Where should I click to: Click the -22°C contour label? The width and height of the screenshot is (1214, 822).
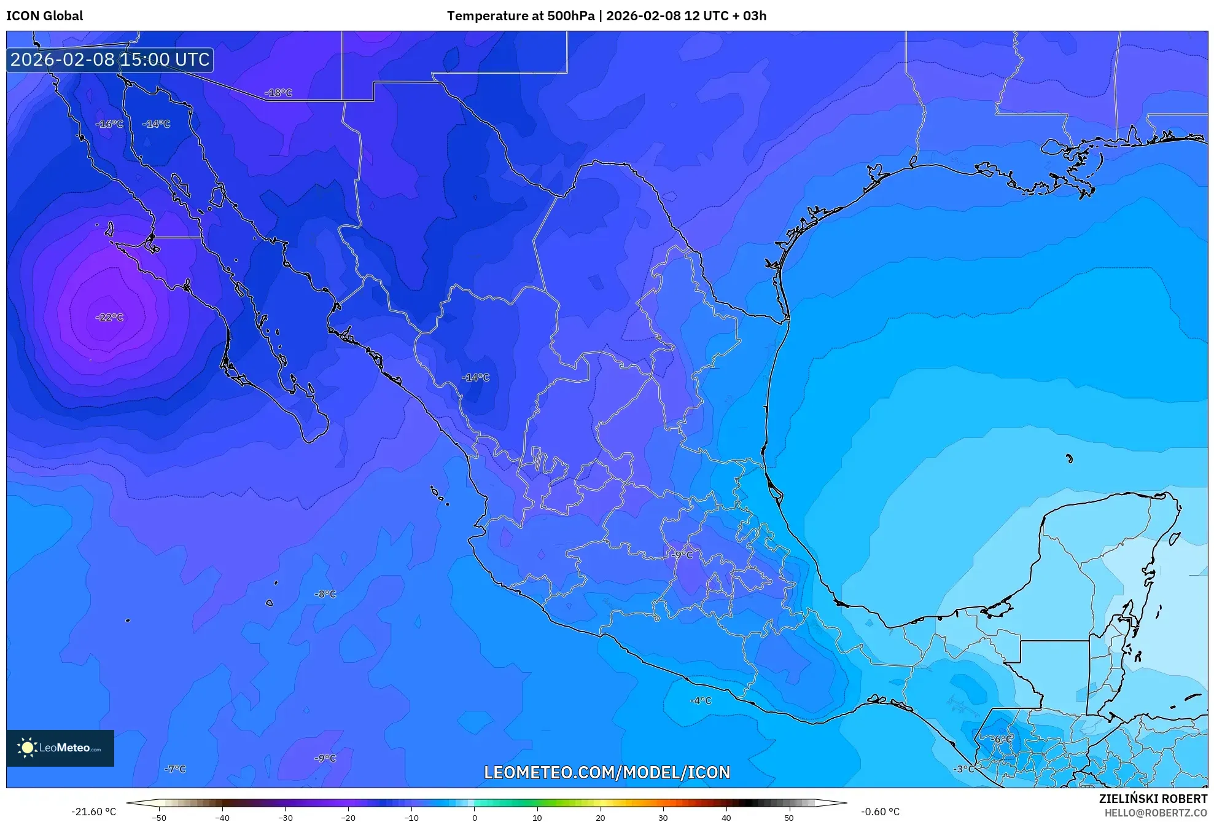point(110,318)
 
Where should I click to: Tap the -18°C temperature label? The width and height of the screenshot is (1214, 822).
point(278,93)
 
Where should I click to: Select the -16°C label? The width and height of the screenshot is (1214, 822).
point(109,123)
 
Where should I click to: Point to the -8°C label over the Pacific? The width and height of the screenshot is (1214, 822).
point(325,594)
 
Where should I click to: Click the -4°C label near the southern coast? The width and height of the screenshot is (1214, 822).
point(701,700)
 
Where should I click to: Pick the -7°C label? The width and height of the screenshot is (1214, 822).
point(175,769)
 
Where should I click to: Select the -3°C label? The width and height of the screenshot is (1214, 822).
point(963,769)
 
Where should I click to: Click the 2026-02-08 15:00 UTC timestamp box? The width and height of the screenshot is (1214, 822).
point(110,60)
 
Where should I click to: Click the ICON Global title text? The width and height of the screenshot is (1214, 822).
point(44,16)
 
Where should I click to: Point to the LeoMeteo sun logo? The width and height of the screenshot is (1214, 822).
point(27,748)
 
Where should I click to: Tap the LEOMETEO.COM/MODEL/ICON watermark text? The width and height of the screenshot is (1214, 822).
point(607,772)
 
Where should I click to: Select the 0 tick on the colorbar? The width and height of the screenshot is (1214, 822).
point(474,817)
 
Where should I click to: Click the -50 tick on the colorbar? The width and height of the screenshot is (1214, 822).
point(159,817)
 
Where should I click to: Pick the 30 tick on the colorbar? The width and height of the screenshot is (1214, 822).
point(663,817)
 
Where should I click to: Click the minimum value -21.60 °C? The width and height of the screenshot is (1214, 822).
point(93,812)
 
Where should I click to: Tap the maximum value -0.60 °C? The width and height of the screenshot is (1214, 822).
point(880,812)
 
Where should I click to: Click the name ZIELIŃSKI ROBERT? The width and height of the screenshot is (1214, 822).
point(1153,799)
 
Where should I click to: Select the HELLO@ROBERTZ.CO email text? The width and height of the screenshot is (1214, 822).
point(1156,813)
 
